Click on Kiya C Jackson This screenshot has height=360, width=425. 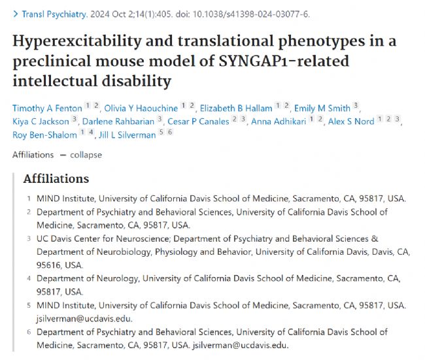(41, 121)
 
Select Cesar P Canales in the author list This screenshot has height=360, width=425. (198, 121)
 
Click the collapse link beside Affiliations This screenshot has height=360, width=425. (86, 155)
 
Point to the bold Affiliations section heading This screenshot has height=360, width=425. (56, 178)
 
